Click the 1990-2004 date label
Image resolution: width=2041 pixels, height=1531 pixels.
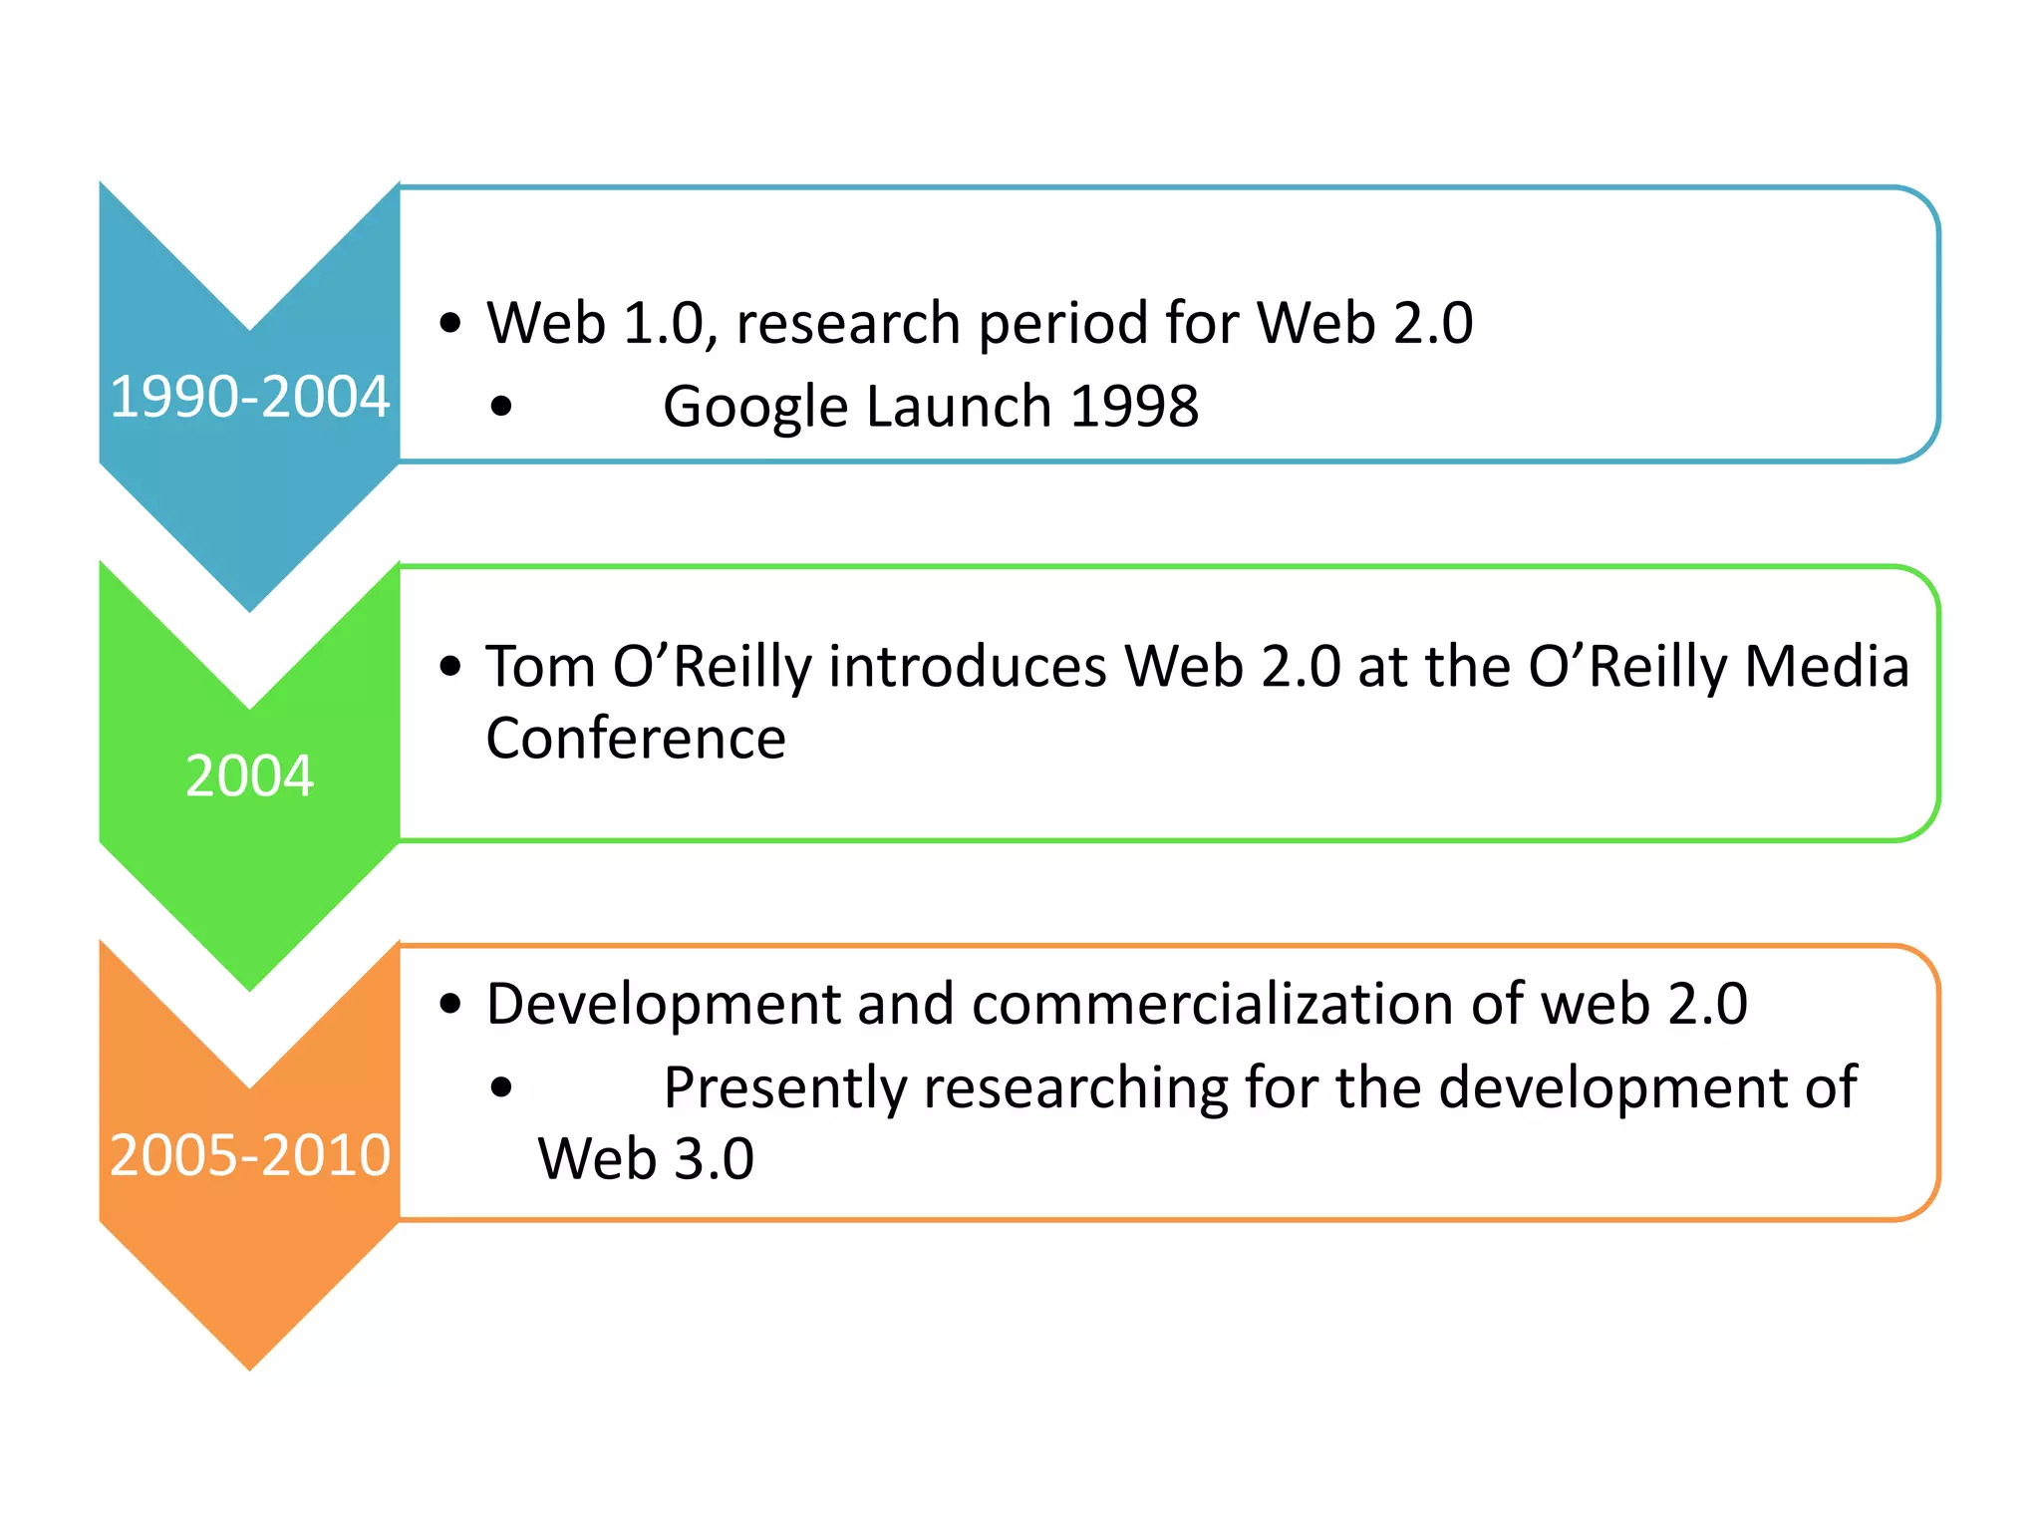pos(249,397)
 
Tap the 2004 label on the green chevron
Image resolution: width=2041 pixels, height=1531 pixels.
pos(249,775)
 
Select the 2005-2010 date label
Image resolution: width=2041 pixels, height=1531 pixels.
pos(249,1155)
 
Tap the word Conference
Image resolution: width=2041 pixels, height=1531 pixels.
pos(636,739)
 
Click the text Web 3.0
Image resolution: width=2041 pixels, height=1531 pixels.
pos(646,1159)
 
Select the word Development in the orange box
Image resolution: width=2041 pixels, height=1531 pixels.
pos(663,1004)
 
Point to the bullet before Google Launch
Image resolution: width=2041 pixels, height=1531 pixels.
pos(501,407)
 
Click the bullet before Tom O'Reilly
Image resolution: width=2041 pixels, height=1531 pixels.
pos(450,666)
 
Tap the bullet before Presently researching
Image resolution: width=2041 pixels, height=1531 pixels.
pos(501,1087)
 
